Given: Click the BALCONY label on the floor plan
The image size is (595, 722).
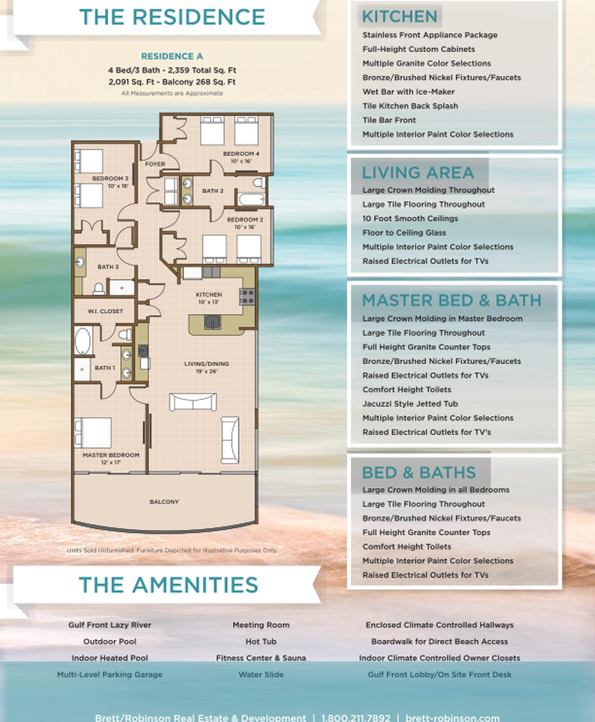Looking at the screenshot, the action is click(164, 502).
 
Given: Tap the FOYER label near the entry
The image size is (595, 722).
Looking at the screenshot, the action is click(155, 164).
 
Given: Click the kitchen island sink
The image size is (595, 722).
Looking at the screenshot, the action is click(212, 322).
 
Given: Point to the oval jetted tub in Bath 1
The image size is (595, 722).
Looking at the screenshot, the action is click(83, 341).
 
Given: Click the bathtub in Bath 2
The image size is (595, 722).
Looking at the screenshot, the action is click(251, 199).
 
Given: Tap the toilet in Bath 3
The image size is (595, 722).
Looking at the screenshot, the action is click(99, 289).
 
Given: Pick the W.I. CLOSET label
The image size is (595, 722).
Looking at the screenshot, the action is click(105, 311).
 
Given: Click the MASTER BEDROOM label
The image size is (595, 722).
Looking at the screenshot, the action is click(111, 455).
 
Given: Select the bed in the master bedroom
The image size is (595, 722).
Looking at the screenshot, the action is click(93, 432).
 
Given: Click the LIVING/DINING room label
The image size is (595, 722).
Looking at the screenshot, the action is click(206, 364).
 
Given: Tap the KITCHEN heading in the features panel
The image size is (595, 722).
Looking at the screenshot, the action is click(399, 17).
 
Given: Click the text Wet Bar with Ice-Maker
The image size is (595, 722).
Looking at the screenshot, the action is click(408, 92).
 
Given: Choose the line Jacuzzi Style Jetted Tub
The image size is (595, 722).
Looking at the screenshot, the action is click(410, 404).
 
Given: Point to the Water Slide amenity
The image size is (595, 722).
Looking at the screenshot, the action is click(261, 675).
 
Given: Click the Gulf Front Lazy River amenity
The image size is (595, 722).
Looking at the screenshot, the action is click(110, 625).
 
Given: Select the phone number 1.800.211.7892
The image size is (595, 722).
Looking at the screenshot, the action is click(356, 718).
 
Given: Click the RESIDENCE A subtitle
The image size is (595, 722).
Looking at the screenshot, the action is click(172, 56).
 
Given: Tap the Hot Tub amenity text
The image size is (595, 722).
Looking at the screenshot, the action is click(261, 642).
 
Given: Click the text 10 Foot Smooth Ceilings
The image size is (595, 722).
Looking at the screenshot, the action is click(410, 218).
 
